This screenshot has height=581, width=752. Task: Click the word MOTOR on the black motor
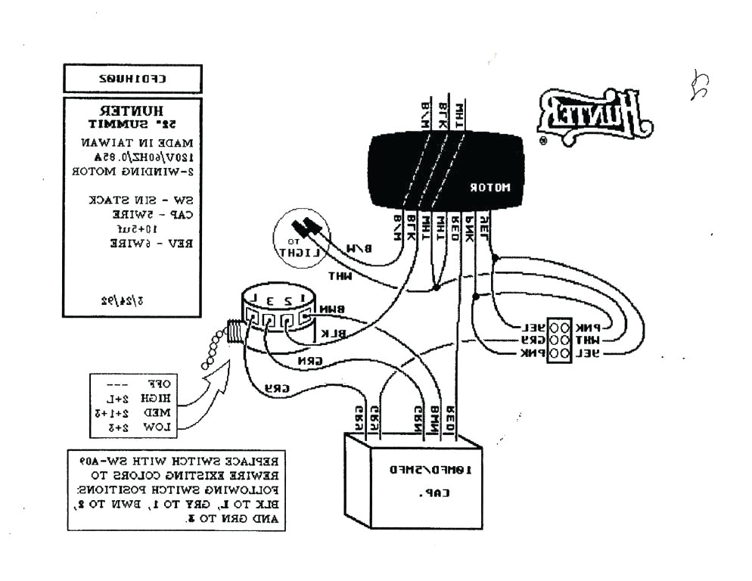point(491,187)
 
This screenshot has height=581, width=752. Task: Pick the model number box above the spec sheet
point(132,78)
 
